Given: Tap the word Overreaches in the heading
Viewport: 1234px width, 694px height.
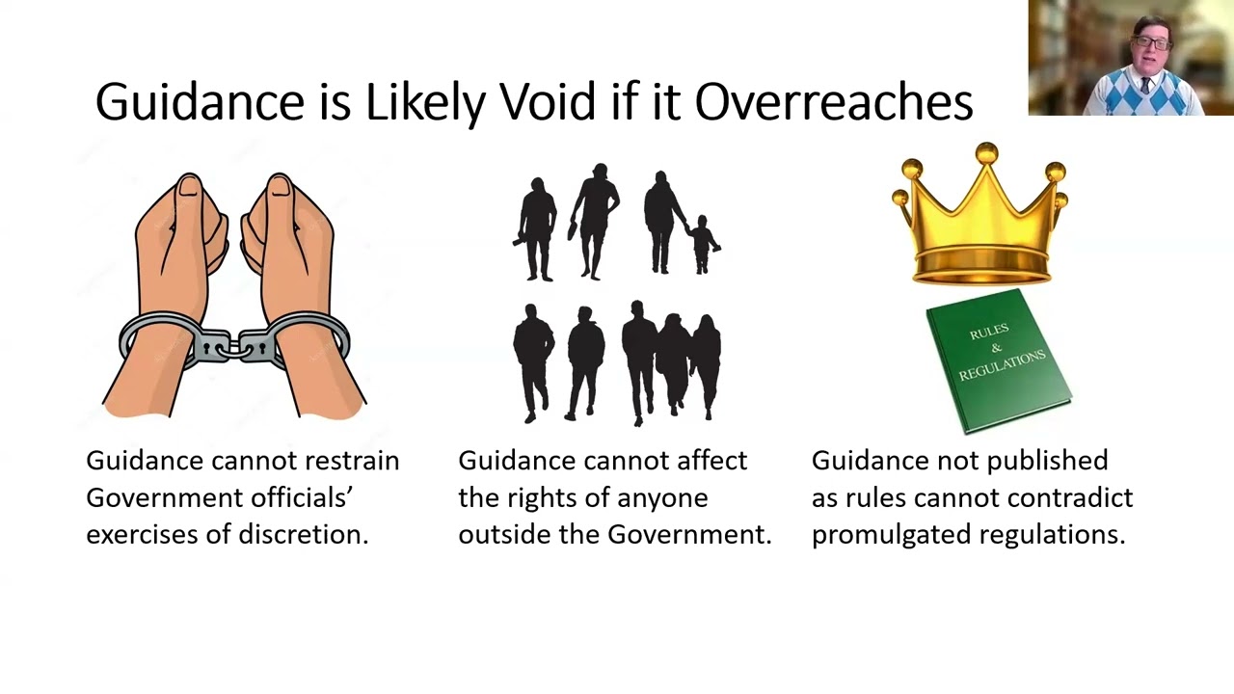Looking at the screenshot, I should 833,101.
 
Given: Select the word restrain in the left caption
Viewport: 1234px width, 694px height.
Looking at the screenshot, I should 351,461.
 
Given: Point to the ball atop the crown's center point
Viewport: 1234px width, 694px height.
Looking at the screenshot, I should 985,152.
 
